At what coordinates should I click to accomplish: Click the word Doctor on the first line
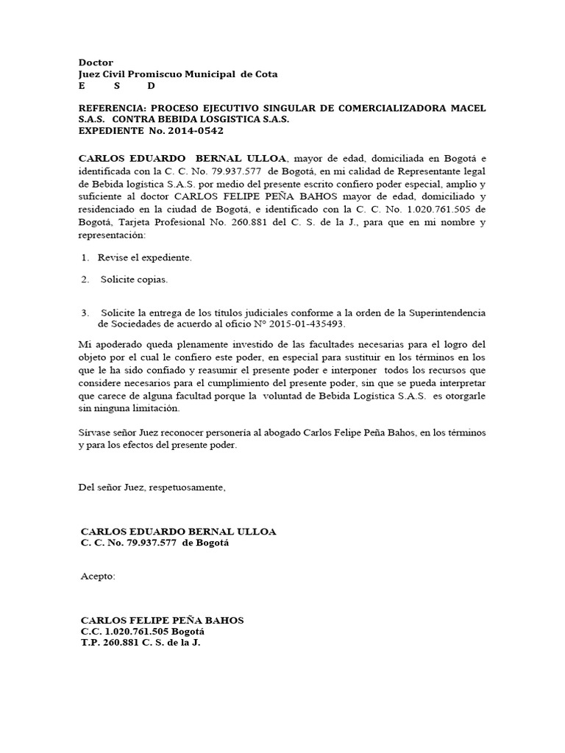[x=96, y=63]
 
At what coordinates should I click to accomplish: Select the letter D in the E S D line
[x=152, y=86]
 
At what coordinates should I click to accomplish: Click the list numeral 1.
[x=85, y=257]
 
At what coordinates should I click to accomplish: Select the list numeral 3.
[x=85, y=313]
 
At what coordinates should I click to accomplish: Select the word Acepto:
[x=98, y=576]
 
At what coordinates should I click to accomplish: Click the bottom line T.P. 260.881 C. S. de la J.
[x=141, y=642]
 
